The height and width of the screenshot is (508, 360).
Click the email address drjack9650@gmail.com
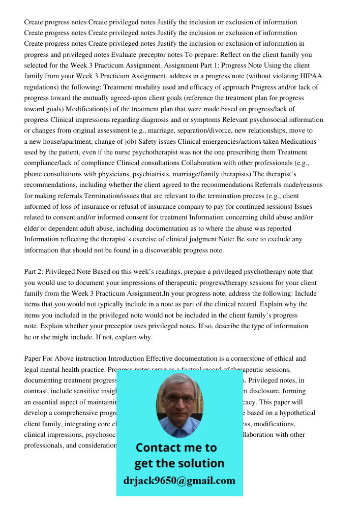(x=179, y=481)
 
